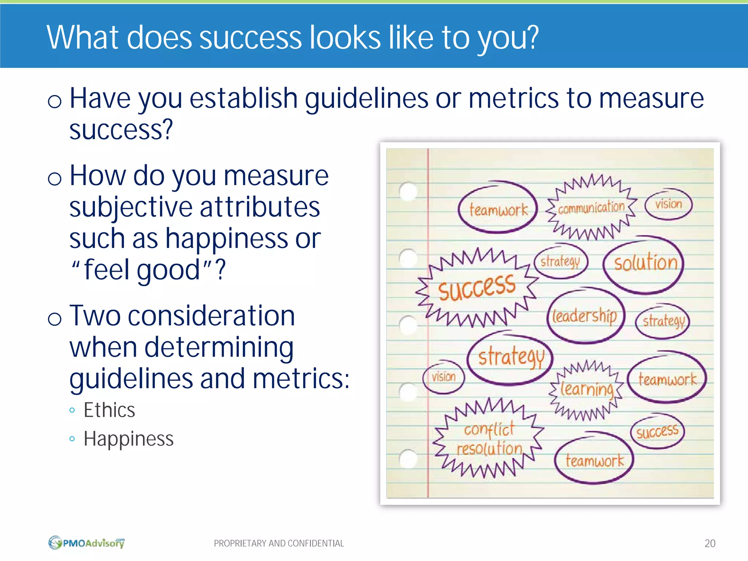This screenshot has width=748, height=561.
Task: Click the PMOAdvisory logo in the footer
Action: click(87, 543)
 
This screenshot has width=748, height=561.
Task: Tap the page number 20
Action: click(710, 543)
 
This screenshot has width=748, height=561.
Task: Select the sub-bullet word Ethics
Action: click(109, 410)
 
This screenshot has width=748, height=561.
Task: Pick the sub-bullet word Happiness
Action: click(129, 439)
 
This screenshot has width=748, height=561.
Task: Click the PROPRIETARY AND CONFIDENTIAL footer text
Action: click(279, 543)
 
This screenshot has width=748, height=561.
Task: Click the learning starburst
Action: click(587, 390)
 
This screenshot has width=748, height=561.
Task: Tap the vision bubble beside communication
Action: click(668, 204)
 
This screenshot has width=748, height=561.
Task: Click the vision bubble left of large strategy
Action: click(443, 377)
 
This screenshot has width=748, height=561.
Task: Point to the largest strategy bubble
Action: click(511, 357)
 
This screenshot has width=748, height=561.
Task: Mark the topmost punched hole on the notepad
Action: click(408, 191)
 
